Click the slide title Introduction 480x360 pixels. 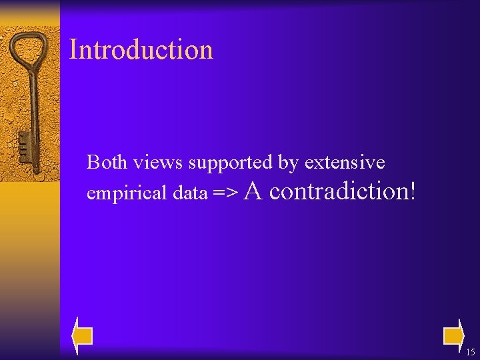(x=141, y=50)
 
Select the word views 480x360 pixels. (x=158, y=162)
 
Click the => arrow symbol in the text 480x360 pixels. (x=225, y=193)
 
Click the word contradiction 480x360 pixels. (x=339, y=191)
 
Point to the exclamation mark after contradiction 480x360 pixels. (x=413, y=191)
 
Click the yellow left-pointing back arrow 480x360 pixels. (x=82, y=335)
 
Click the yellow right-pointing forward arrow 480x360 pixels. (x=453, y=335)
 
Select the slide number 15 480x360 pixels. (x=471, y=353)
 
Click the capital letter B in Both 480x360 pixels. (x=93, y=162)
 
